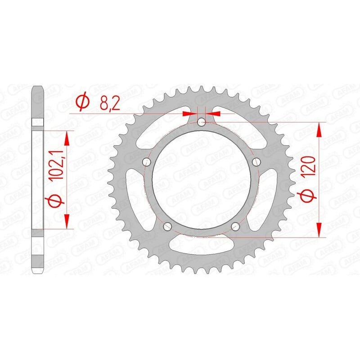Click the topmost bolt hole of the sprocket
pos(201,122)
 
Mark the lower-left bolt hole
pos(167,226)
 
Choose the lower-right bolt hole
pos(235,226)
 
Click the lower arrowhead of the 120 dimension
pos(320,229)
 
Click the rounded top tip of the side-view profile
pos(38,86)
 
